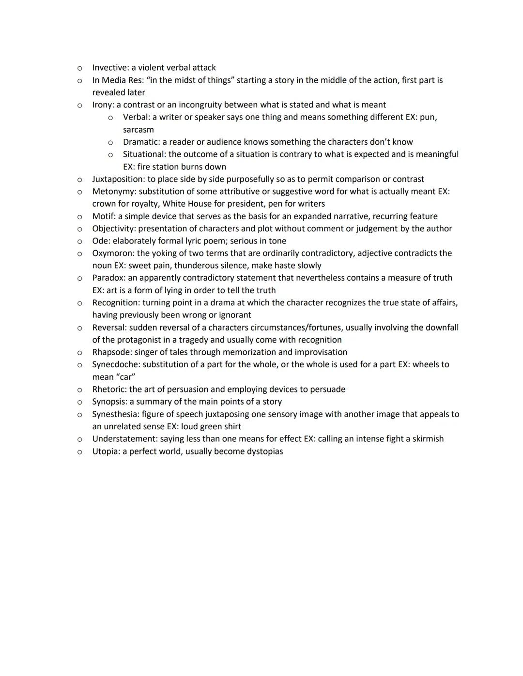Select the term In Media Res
tap(117, 80)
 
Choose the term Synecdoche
tap(116, 364)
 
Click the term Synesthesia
tap(116, 414)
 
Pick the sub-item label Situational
tap(144, 154)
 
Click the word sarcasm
tap(138, 130)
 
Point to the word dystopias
tap(265, 451)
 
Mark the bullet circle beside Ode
tap(79, 241)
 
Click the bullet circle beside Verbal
tap(110, 118)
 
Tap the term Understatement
tap(124, 439)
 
